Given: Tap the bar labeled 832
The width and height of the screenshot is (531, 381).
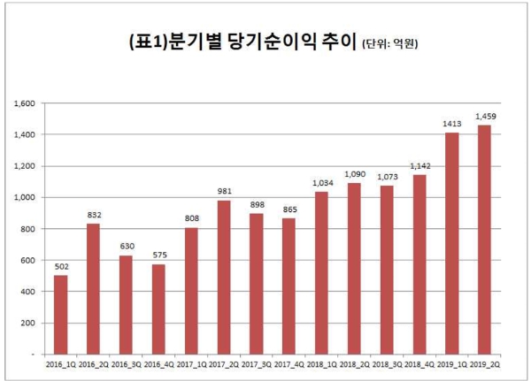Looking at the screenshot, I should [93, 288].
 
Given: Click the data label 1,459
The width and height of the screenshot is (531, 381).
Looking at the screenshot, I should [485, 117].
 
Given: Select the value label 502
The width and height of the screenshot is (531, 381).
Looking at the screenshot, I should [60, 267].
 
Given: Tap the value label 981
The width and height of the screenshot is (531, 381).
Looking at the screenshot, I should [224, 192].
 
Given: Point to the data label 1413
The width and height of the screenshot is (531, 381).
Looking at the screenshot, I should [452, 124].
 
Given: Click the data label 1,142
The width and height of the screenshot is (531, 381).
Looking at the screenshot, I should [419, 166].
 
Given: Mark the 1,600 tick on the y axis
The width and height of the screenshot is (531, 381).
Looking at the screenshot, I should [25, 103].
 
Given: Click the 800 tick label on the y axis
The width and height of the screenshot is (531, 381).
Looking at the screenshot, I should [28, 229].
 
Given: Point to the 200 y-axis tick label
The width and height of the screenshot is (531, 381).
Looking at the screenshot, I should [28, 323].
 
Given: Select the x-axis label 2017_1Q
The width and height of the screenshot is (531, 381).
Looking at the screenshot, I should [191, 363].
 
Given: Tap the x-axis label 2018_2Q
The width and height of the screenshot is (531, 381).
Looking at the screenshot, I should [355, 363].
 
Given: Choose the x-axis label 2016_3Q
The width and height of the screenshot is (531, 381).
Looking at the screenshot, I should [126, 363].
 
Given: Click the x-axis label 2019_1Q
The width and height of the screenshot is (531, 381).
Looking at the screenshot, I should [452, 363].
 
